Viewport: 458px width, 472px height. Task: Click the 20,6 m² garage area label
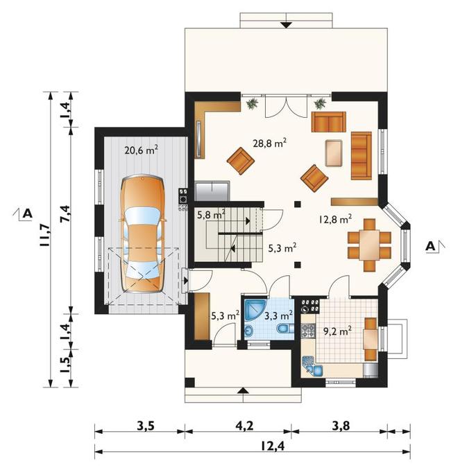tap(142, 150)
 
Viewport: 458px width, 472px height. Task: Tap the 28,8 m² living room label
tap(269, 143)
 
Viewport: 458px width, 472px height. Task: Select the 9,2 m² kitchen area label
tap(337, 331)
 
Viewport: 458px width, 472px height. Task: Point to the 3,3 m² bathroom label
tap(279, 315)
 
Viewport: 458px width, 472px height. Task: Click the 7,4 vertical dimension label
tap(65, 214)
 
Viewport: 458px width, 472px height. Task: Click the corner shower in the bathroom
tap(255, 309)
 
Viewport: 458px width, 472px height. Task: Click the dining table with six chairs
tap(369, 245)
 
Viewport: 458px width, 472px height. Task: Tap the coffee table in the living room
tap(334, 153)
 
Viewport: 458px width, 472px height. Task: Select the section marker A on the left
tap(24, 213)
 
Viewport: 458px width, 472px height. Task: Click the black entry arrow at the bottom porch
tap(244, 390)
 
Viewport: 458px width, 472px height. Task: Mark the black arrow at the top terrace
tap(286, 25)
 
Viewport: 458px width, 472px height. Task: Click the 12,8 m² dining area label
tap(335, 219)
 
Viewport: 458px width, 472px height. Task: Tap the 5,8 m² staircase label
tap(212, 216)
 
